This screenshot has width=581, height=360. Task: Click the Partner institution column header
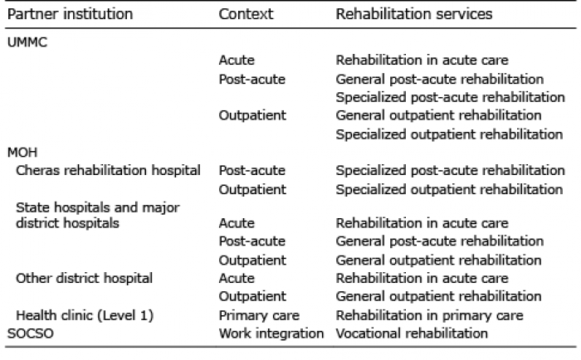70,14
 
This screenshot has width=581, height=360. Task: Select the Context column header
246,14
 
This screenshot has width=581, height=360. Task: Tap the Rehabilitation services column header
414,14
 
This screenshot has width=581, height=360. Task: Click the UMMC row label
27,42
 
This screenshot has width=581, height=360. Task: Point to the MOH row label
22,153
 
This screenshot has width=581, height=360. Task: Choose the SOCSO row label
31,333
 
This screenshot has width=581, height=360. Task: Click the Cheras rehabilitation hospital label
108,170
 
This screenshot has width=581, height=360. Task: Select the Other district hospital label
84,278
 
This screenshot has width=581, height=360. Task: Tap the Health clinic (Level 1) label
85,315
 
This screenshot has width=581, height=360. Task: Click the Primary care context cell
259,315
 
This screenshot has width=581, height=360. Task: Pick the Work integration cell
271,333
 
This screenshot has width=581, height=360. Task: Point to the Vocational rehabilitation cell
412,333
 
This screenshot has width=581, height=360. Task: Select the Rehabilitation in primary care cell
429,315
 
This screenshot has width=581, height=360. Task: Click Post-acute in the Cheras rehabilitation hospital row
252,170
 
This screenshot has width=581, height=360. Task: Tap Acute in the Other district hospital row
237,278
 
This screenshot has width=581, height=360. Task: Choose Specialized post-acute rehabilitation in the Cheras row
450,170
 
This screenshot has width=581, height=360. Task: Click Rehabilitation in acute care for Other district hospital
422,278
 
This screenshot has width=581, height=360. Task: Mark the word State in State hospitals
31,207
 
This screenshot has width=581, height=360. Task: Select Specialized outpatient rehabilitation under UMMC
449,134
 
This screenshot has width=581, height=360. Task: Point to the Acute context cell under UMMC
237,60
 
